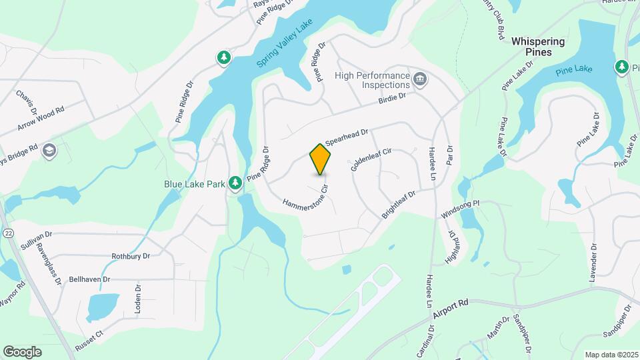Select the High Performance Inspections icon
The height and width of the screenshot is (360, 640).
coord(420,80)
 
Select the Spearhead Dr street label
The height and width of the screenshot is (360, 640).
coord(347,137)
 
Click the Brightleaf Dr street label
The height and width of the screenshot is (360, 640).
coord(398,205)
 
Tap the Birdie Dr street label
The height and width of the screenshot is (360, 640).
coord(392,99)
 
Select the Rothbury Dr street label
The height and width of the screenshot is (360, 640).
coord(131,256)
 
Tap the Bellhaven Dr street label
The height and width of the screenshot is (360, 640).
coord(89,279)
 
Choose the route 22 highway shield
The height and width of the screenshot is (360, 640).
coord(7,233)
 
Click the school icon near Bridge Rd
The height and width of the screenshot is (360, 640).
coord(48,151)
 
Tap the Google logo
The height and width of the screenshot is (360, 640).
coord(22,351)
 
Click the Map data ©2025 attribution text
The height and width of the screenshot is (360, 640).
coord(611,355)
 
